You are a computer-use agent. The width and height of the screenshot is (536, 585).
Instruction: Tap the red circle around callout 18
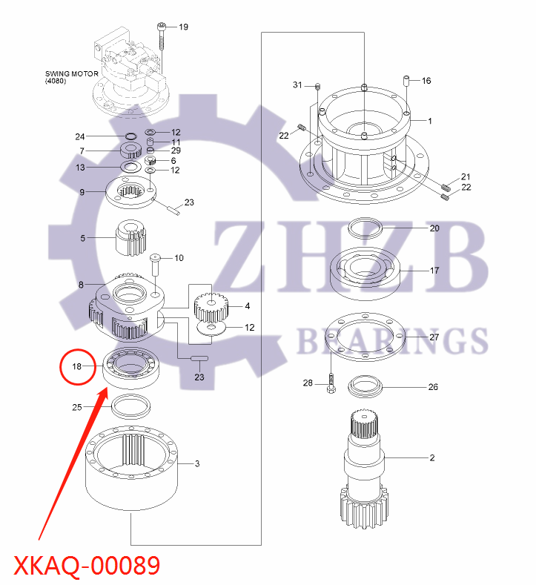(77, 366)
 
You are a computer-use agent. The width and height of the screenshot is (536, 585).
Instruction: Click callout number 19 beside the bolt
(183, 27)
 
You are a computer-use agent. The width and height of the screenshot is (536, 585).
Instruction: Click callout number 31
(298, 85)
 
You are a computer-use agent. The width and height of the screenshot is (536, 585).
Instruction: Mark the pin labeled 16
(406, 80)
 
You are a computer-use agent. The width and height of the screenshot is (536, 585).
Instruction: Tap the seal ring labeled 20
(364, 228)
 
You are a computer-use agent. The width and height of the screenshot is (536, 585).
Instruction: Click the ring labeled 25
(130, 406)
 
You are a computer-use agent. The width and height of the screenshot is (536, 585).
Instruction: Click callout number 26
(434, 386)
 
